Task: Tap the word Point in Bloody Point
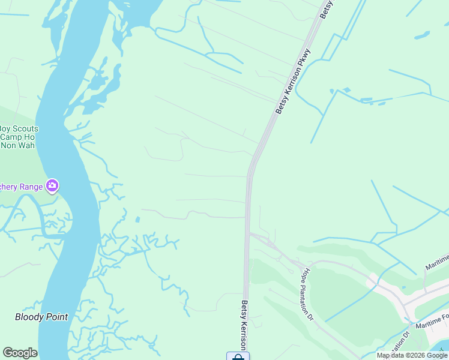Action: coord(57,317)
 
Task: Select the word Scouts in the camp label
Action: coord(26,128)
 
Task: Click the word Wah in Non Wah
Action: coord(26,145)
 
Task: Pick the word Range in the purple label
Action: coord(29,187)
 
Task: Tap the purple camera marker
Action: coord(52,186)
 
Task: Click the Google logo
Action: coord(20,353)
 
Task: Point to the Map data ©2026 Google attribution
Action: coord(412,355)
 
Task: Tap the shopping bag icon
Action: coord(238,357)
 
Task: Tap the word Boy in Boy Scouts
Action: coord(5,128)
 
